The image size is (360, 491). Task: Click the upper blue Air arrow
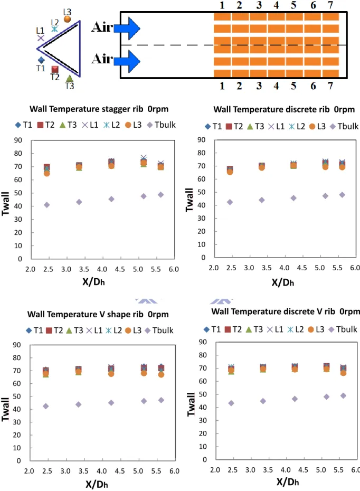tap(127, 29)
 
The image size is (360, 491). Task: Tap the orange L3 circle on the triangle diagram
tap(68, 19)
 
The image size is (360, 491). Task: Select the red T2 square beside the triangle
tap(55, 69)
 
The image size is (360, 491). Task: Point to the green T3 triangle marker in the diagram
tap(70, 78)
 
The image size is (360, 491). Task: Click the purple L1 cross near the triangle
tap(41, 38)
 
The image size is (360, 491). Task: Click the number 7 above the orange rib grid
tap(330, 5)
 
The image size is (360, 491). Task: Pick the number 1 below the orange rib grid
tap(222, 86)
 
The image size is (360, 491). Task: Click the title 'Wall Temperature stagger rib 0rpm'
tap(99, 109)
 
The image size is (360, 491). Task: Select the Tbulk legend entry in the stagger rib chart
tap(162, 125)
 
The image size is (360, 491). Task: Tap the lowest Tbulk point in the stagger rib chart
tap(46, 205)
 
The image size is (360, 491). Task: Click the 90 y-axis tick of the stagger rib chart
tap(18, 140)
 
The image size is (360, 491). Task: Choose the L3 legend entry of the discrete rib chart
tap(317, 126)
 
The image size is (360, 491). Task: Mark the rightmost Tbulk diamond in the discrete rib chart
tap(342, 195)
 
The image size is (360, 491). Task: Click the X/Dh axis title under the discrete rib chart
tap(283, 282)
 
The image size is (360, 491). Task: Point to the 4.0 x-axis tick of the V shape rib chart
tap(102, 471)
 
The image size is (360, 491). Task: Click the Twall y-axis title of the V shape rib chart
tap(5, 409)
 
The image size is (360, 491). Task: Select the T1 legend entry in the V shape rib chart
tap(34, 331)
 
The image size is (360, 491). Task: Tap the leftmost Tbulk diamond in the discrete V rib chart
tap(231, 403)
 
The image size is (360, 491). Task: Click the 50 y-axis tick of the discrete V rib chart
tap(203, 394)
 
